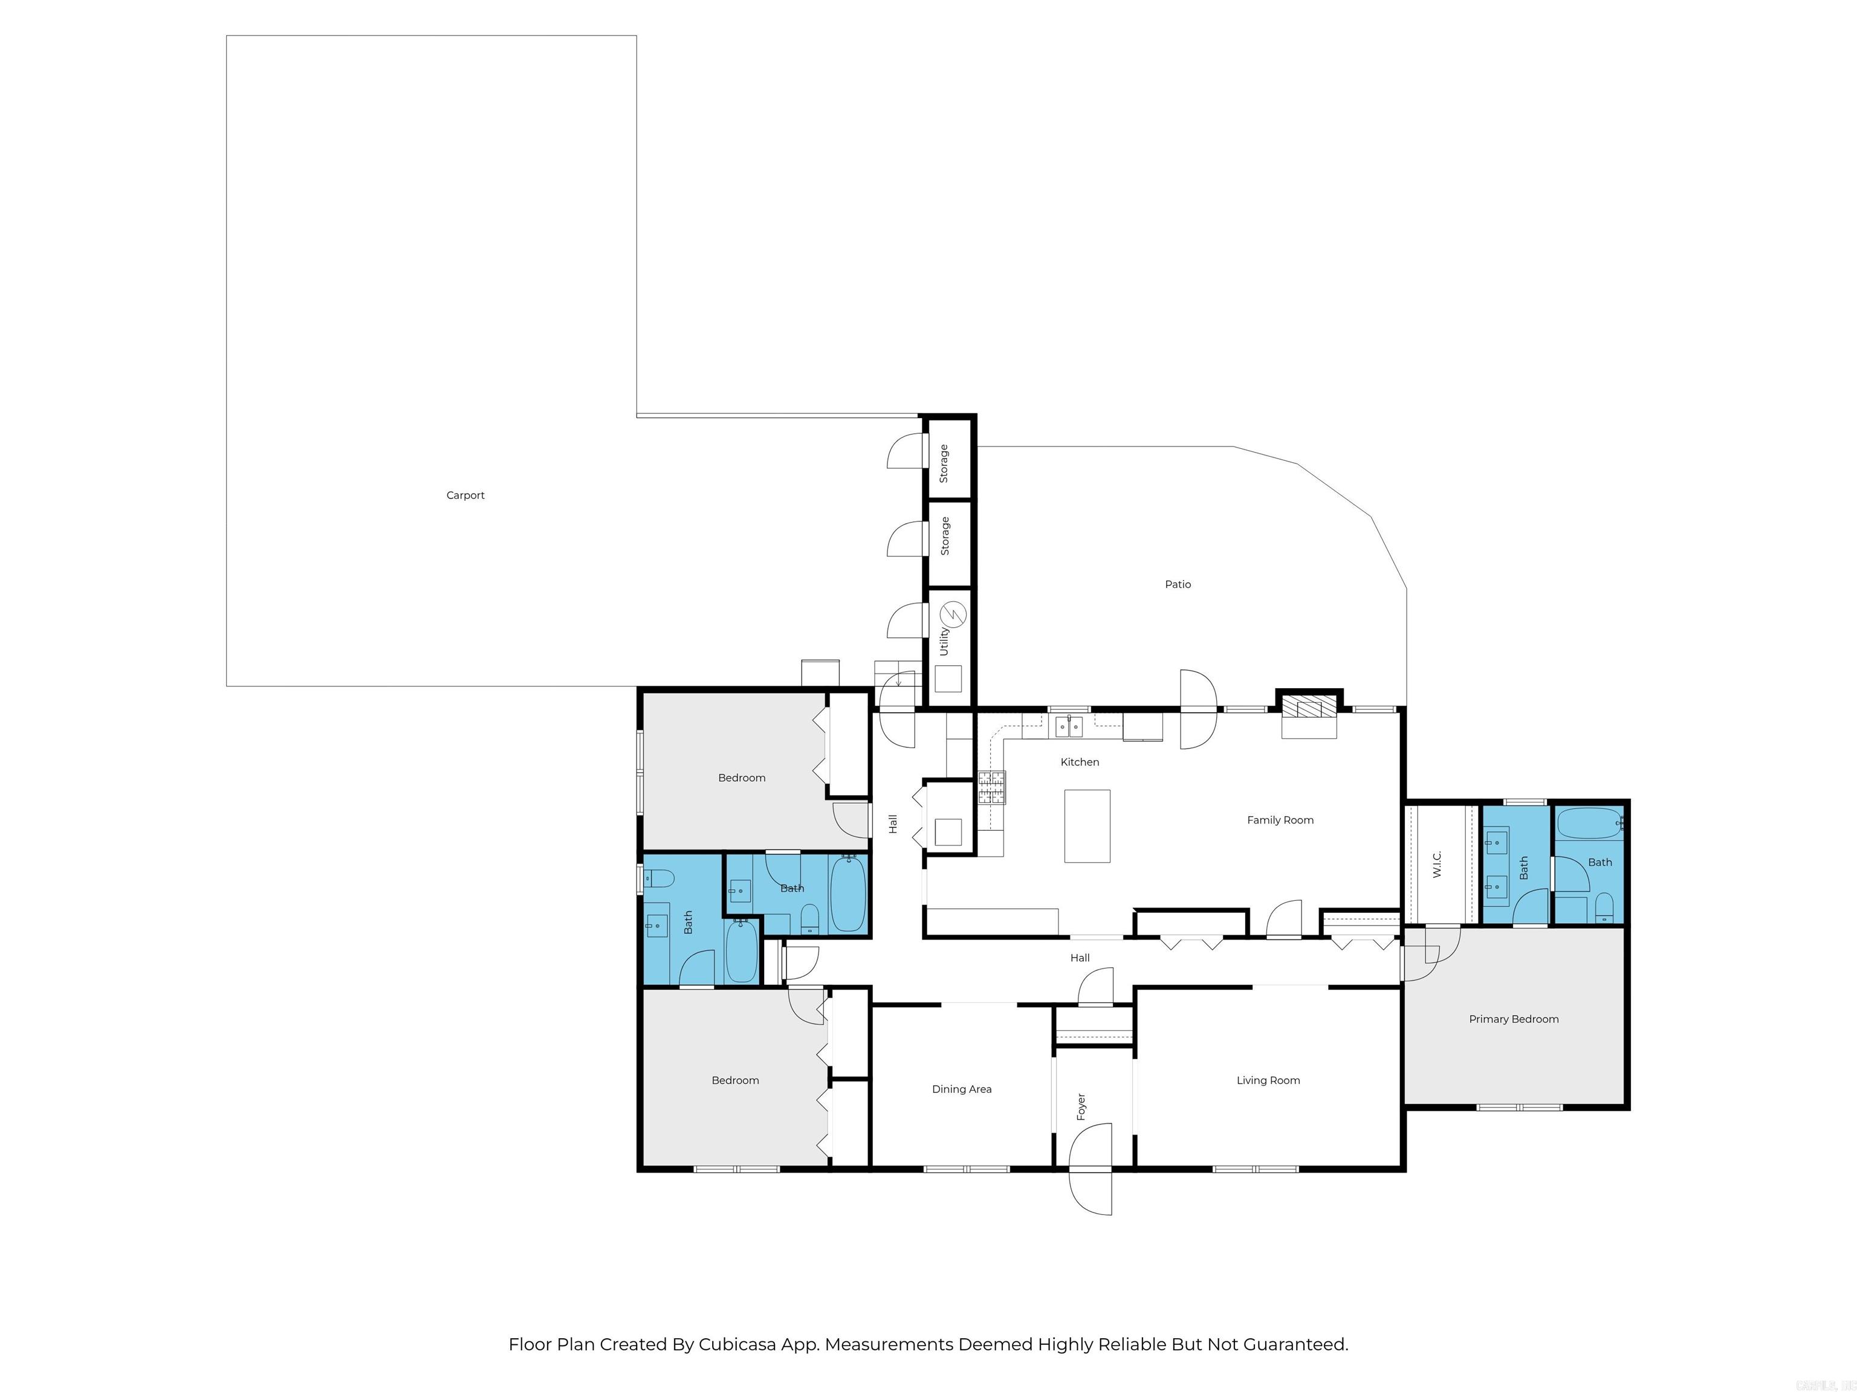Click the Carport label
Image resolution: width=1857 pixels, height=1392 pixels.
[465, 495]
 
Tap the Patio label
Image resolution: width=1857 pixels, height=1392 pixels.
[1177, 584]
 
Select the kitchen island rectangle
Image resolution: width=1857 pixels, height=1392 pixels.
[1086, 826]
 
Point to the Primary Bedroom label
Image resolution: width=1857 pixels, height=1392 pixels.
[1513, 1019]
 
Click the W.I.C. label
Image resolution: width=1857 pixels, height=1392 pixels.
[1436, 864]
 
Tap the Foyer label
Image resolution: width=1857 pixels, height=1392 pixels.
[1081, 1106]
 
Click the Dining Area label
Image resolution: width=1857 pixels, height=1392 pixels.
[961, 1089]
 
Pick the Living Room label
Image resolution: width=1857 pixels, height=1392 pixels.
[1268, 1080]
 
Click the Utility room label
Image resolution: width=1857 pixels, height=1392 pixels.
[944, 641]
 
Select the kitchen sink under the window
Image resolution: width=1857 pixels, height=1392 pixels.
[1069, 726]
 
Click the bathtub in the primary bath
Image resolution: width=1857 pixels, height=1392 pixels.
[1589, 823]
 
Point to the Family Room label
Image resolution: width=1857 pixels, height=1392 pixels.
[1280, 820]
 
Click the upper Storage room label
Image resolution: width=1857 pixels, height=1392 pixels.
[944, 463]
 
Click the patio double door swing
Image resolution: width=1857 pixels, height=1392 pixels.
[1198, 709]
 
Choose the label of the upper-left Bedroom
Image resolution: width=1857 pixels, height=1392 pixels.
[741, 778]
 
